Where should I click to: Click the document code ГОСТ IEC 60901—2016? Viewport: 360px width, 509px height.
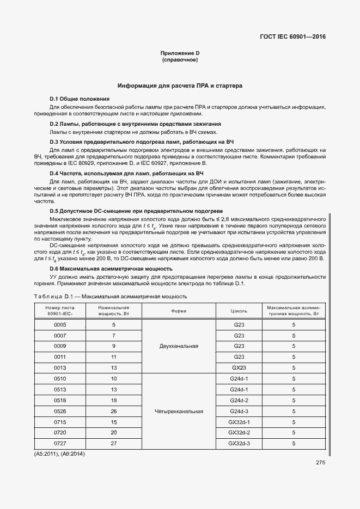pyautogui.click(x=293, y=38)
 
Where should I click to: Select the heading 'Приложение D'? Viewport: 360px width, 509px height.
pyautogui.click(x=180, y=53)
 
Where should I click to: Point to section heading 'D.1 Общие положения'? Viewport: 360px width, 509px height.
pyautogui.click(x=80, y=99)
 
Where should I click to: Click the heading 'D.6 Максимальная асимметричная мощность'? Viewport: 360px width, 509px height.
pyautogui.click(x=111, y=268)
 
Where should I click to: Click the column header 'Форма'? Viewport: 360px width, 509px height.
pyautogui.click(x=179, y=311)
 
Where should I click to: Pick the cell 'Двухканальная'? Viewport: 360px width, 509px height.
pyautogui.click(x=179, y=346)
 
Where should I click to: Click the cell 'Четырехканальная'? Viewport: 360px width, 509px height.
pyautogui.click(x=179, y=412)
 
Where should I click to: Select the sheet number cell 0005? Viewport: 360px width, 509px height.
pyautogui.click(x=60, y=324)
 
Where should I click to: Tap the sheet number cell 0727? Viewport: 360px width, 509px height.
pyautogui.click(x=60, y=444)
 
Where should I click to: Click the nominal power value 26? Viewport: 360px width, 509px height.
pyautogui.click(x=114, y=411)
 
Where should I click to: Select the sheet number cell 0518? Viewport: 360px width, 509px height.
pyautogui.click(x=60, y=400)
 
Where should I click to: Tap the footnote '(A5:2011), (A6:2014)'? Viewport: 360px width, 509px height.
pyautogui.click(x=60, y=453)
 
